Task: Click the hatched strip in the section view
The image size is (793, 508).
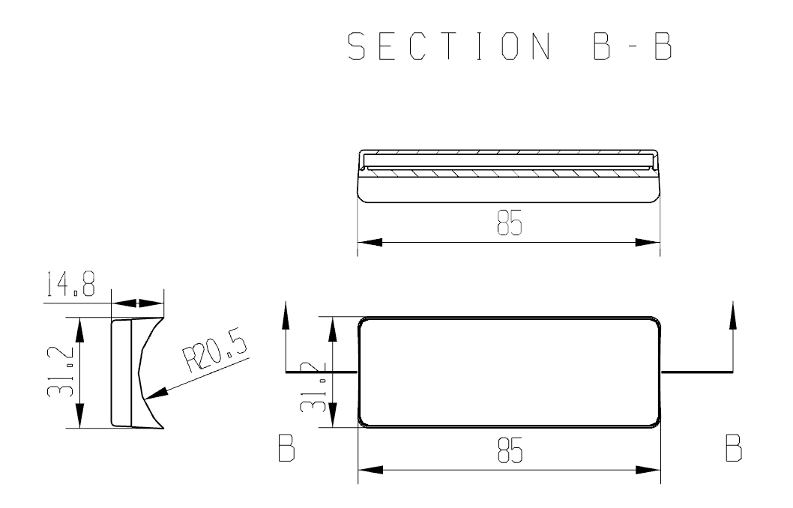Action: coord(509,172)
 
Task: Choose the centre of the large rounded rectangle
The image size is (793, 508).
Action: coord(509,372)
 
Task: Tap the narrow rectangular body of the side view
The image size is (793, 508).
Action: coord(121,372)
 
